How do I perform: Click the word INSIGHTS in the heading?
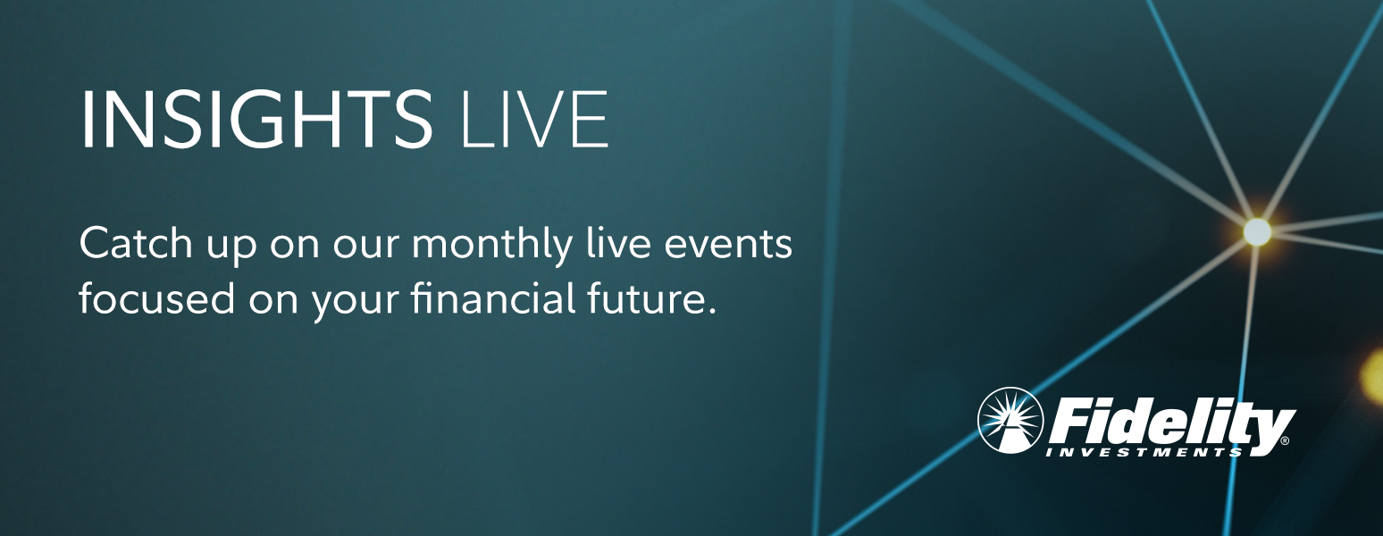256,119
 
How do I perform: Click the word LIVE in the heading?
534,119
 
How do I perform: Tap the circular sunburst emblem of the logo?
1010,421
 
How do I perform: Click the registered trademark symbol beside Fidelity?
1285,441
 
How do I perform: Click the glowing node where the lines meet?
1257,231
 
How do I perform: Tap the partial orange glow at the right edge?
1374,376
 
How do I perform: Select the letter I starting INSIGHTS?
87,119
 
